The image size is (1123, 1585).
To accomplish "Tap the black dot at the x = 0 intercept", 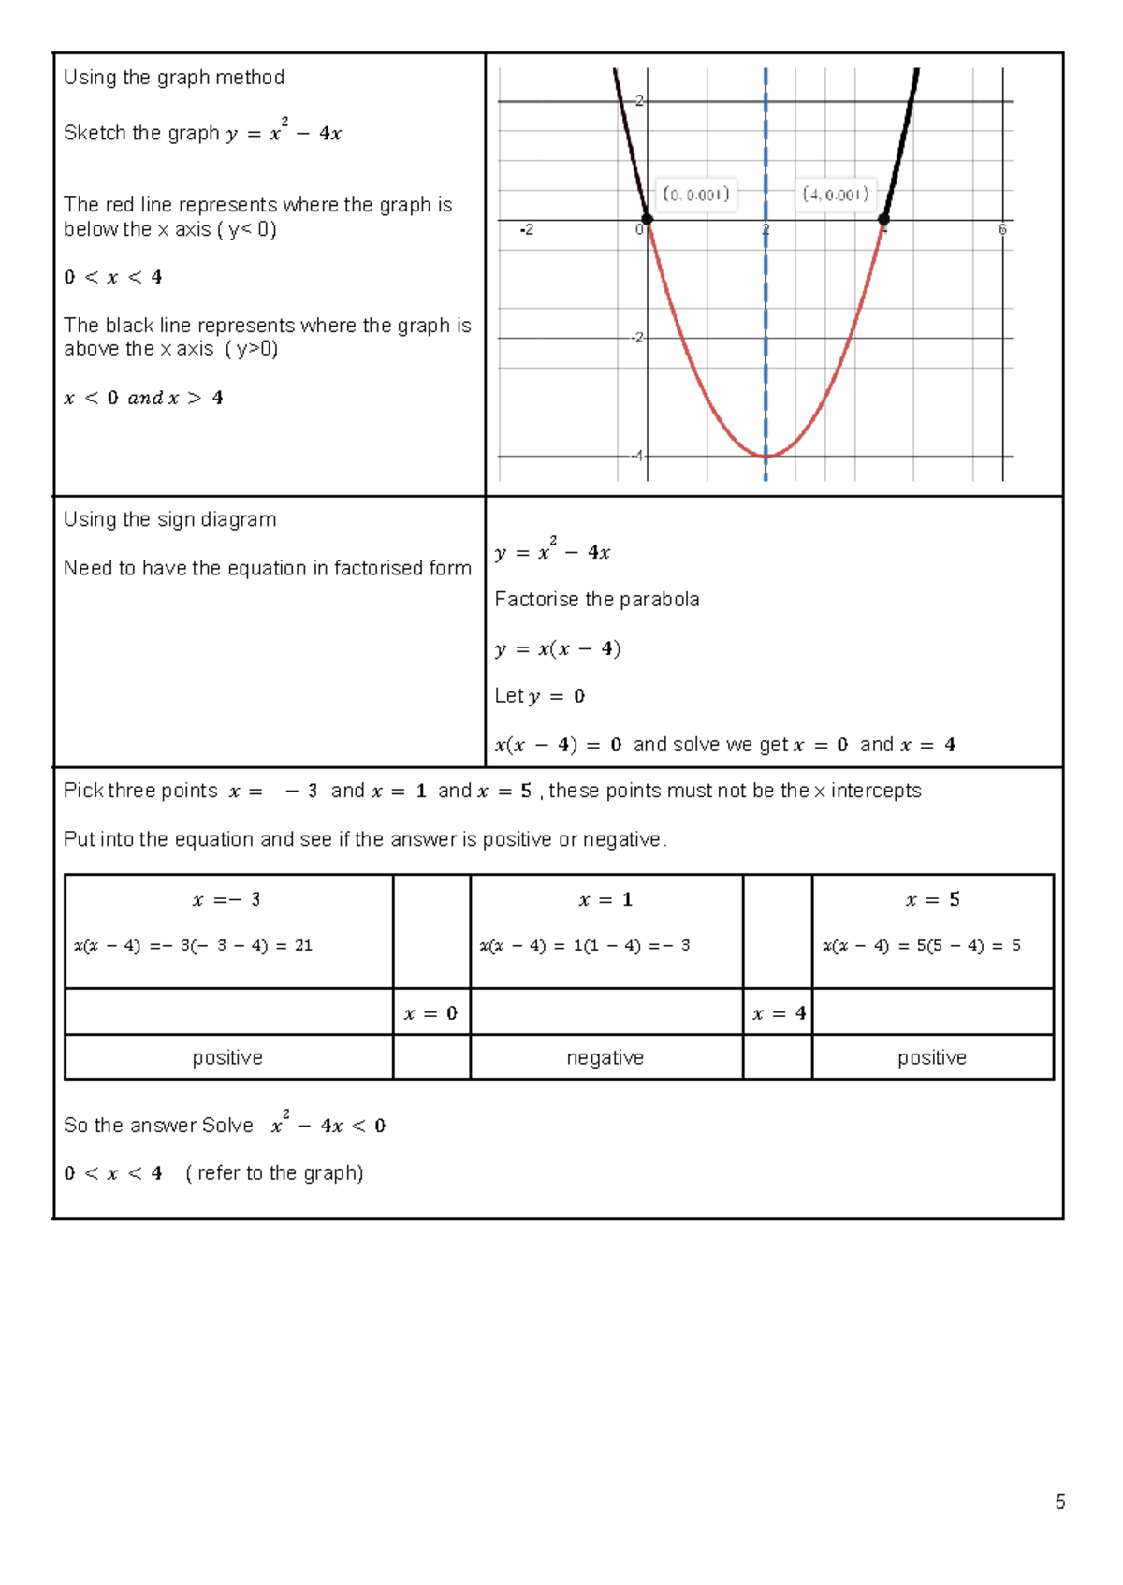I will coord(647,219).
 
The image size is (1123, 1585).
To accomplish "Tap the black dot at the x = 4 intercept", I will coord(883,219).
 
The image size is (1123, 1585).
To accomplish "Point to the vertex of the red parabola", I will coord(766,456).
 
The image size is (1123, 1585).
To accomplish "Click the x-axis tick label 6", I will coord(1002,229).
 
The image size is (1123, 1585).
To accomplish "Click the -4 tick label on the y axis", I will coord(637,456).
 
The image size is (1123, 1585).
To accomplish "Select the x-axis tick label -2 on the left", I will coord(527,229).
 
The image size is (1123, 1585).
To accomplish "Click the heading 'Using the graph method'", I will coord(174,78).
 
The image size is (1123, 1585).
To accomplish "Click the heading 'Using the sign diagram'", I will coord(169,519).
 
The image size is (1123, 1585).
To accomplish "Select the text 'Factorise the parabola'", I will coord(597,599).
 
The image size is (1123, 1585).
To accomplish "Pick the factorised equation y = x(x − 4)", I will coord(558,648).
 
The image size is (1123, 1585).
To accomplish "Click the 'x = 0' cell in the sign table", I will coord(430,1013).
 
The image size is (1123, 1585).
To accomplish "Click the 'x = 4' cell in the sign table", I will coord(779,1013).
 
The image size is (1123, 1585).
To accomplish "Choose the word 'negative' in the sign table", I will coord(605,1057).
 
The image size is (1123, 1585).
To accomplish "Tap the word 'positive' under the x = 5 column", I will coord(931,1057).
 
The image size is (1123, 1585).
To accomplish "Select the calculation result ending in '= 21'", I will coord(194,945).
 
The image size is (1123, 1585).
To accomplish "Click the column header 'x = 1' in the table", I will coord(605,899).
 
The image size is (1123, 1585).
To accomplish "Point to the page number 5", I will coord(1059,1502).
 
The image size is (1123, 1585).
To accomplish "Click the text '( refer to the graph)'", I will coord(274,1172).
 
